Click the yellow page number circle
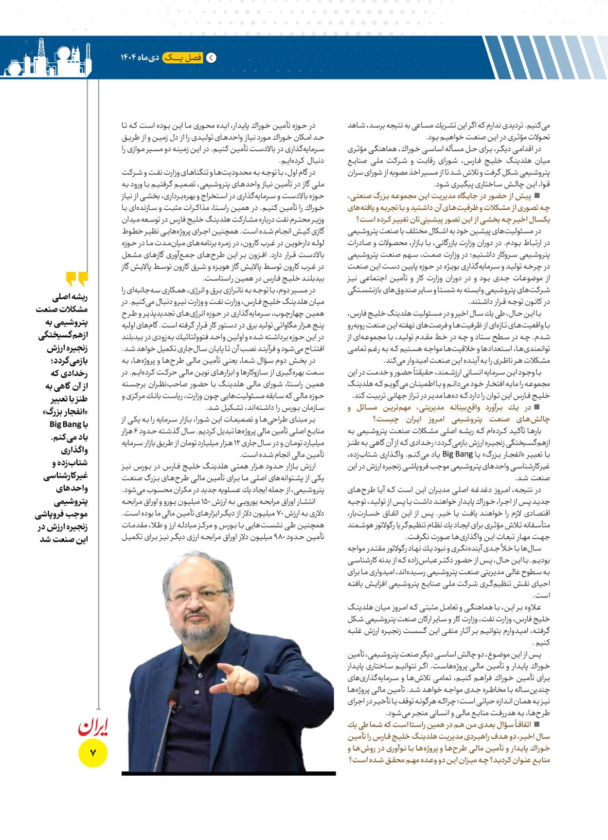point(92,753)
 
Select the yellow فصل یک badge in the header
point(183,58)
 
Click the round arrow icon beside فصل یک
point(212,58)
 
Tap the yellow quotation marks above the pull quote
point(77,279)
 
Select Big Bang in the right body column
point(457,454)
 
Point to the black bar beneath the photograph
point(229,773)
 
